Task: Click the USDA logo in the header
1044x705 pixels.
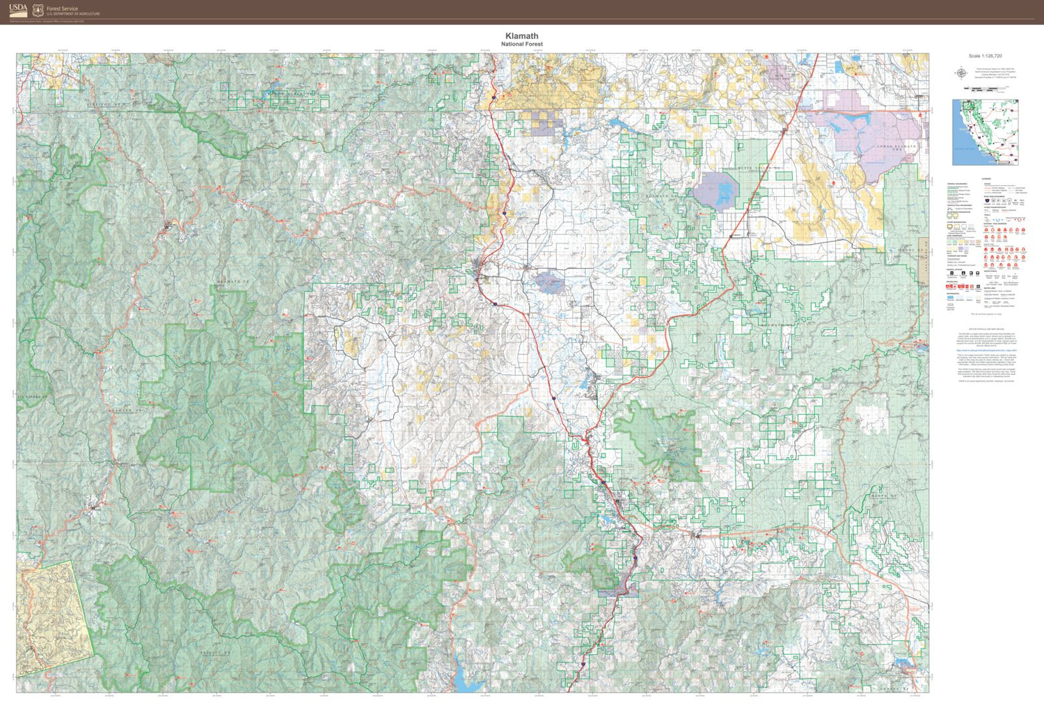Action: (x=19, y=9)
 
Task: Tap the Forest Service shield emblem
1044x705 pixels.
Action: (x=38, y=10)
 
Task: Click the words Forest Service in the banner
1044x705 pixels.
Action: (x=62, y=8)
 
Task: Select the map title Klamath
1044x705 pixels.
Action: (x=521, y=35)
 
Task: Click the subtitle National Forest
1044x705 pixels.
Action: (x=521, y=44)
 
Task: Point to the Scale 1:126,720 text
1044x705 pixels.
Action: (x=985, y=56)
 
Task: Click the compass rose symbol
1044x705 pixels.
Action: (x=960, y=72)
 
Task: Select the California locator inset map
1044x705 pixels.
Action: (x=985, y=132)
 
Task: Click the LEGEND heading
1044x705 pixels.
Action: (x=986, y=179)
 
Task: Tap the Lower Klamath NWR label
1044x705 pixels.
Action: (x=897, y=147)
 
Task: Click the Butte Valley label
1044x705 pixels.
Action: (x=755, y=168)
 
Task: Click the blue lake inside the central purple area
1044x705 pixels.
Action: (x=550, y=283)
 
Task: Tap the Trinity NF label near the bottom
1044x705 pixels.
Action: (x=216, y=653)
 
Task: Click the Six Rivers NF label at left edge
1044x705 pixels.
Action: (x=33, y=397)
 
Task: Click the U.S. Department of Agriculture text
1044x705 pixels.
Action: (x=73, y=14)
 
